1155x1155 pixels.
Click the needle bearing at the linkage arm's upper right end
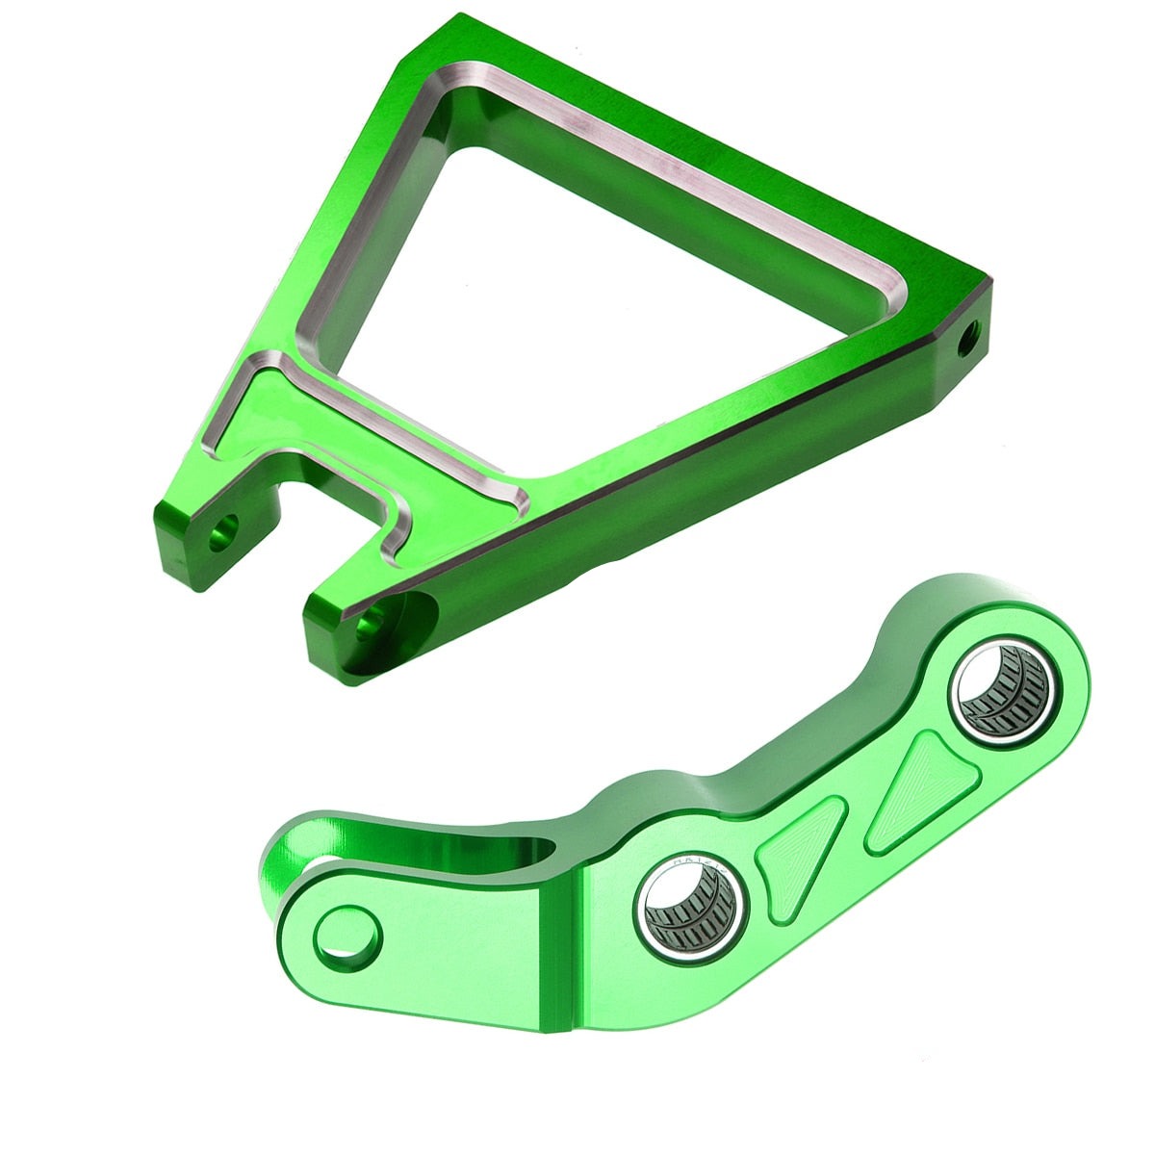click(x=1001, y=688)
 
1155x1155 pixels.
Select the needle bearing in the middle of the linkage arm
click(x=689, y=905)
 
